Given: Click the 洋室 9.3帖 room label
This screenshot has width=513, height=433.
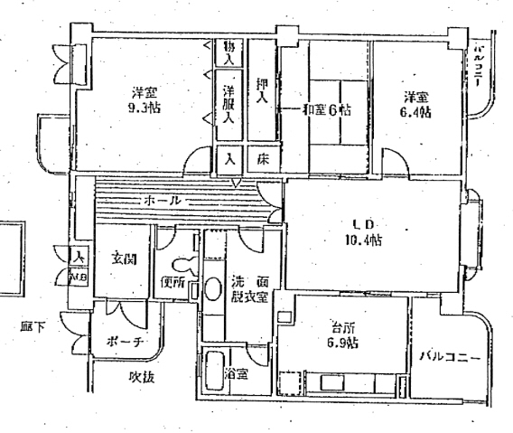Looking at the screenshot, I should tap(139, 100).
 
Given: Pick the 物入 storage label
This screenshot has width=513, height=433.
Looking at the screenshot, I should tap(230, 52).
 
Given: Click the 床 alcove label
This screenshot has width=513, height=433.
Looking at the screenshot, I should tap(263, 159).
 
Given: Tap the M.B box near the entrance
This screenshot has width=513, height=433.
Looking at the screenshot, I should tap(79, 277).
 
